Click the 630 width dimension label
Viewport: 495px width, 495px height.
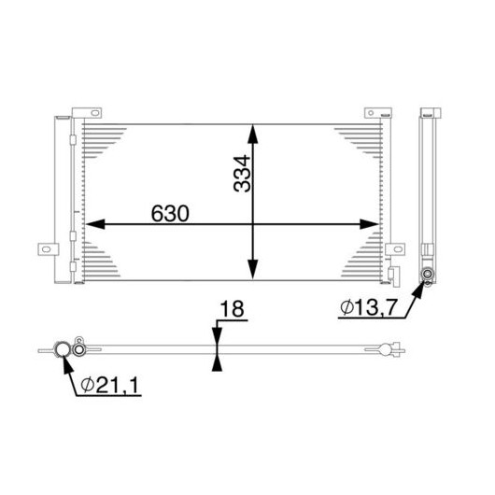pos(170,214)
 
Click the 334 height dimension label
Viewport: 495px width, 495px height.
pos(242,174)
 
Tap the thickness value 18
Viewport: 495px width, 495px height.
pos(232,309)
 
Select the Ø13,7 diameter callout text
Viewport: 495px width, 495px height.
pos(368,307)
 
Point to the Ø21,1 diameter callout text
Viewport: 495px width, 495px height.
pos(109,385)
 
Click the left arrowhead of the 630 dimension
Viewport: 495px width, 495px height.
pos(95,224)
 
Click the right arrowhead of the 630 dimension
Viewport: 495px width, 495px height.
pos(369,224)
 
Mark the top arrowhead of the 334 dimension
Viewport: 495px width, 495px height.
pos(252,134)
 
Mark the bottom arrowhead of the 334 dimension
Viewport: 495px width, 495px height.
pos(252,269)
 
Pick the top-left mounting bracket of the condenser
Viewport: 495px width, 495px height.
pos(87,113)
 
